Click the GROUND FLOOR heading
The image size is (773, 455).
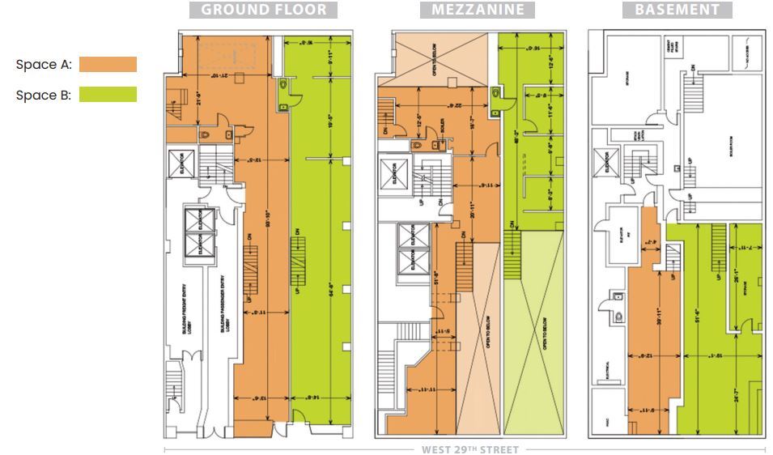(263, 11)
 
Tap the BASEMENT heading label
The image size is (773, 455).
(677, 11)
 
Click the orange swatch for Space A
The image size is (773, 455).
(108, 65)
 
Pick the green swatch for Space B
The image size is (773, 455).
(108, 95)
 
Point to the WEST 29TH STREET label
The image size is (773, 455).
(469, 449)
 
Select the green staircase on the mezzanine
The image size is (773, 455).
(511, 253)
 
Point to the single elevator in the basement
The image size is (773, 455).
(601, 163)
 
